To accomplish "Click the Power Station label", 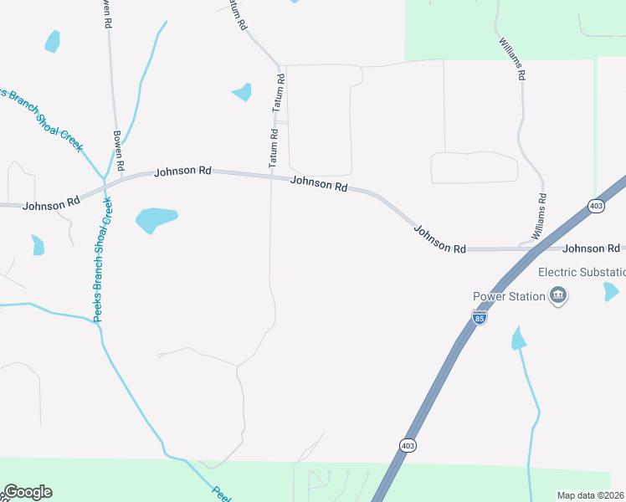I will tap(509, 296).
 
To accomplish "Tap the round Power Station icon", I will tap(558, 295).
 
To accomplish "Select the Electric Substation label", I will tap(582, 272).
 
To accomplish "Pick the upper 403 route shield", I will tap(596, 206).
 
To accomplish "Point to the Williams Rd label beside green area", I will tap(511, 59).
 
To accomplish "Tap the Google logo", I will tap(28, 492).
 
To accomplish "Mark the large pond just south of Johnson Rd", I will tap(156, 219).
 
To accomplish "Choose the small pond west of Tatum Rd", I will tap(242, 91).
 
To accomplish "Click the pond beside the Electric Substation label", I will tap(611, 291).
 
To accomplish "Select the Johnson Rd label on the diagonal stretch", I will tap(439, 238).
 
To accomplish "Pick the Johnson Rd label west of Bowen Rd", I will tap(51, 203).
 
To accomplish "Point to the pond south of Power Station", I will tap(519, 338).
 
